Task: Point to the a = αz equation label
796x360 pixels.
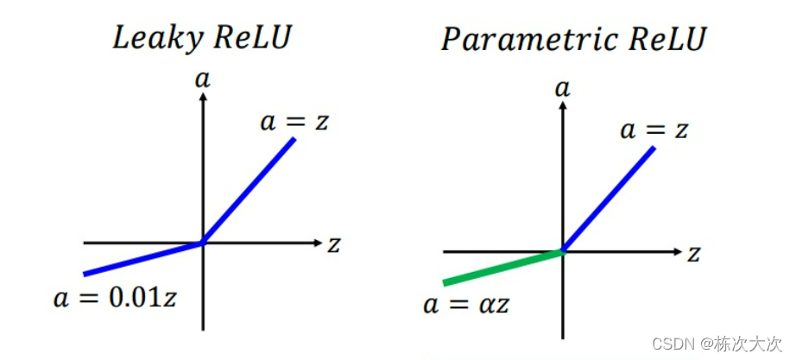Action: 465,304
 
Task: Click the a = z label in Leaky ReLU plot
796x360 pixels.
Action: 294,121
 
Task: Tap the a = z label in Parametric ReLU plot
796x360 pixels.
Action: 654,130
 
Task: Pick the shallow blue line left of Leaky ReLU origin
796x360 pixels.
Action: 142,259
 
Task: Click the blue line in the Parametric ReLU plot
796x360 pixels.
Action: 608,199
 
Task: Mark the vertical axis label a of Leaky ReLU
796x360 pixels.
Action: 202,80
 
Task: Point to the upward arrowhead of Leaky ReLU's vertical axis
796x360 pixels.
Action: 202,97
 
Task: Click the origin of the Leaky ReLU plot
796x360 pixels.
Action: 202,243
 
